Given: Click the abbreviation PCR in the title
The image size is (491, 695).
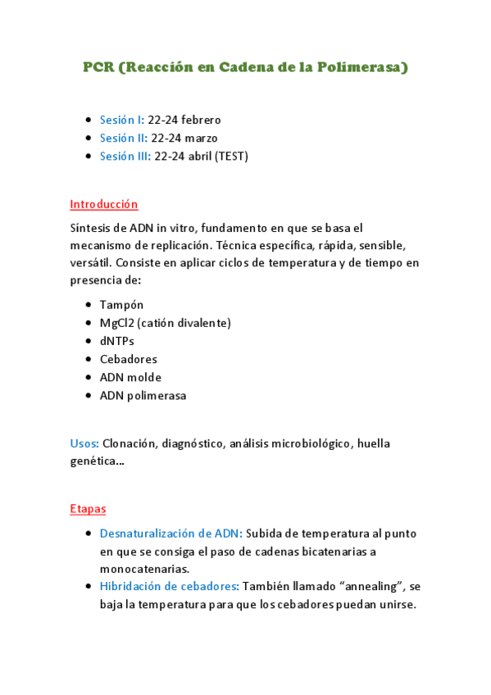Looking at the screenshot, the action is click(99, 67).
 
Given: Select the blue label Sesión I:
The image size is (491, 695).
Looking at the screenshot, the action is click(122, 120).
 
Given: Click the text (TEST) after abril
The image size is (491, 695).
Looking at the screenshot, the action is click(231, 156).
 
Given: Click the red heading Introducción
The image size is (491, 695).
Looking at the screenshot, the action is click(104, 204).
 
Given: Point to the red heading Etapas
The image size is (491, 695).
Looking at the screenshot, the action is click(88, 509).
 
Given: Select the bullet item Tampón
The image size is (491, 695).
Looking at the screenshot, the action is click(121, 305).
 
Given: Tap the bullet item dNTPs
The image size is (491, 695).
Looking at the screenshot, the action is click(117, 341).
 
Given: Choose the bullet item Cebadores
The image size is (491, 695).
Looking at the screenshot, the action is click(129, 359).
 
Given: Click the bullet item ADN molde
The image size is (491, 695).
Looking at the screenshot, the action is click(130, 377).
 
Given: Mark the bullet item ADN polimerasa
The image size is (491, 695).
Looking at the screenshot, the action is click(143, 395).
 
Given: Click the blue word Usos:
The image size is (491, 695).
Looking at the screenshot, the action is click(84, 443).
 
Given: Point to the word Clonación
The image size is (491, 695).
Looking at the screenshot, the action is click(130, 443).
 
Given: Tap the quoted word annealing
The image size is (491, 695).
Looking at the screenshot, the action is click(375, 587).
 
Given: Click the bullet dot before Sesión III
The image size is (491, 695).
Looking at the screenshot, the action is click(88, 156).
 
